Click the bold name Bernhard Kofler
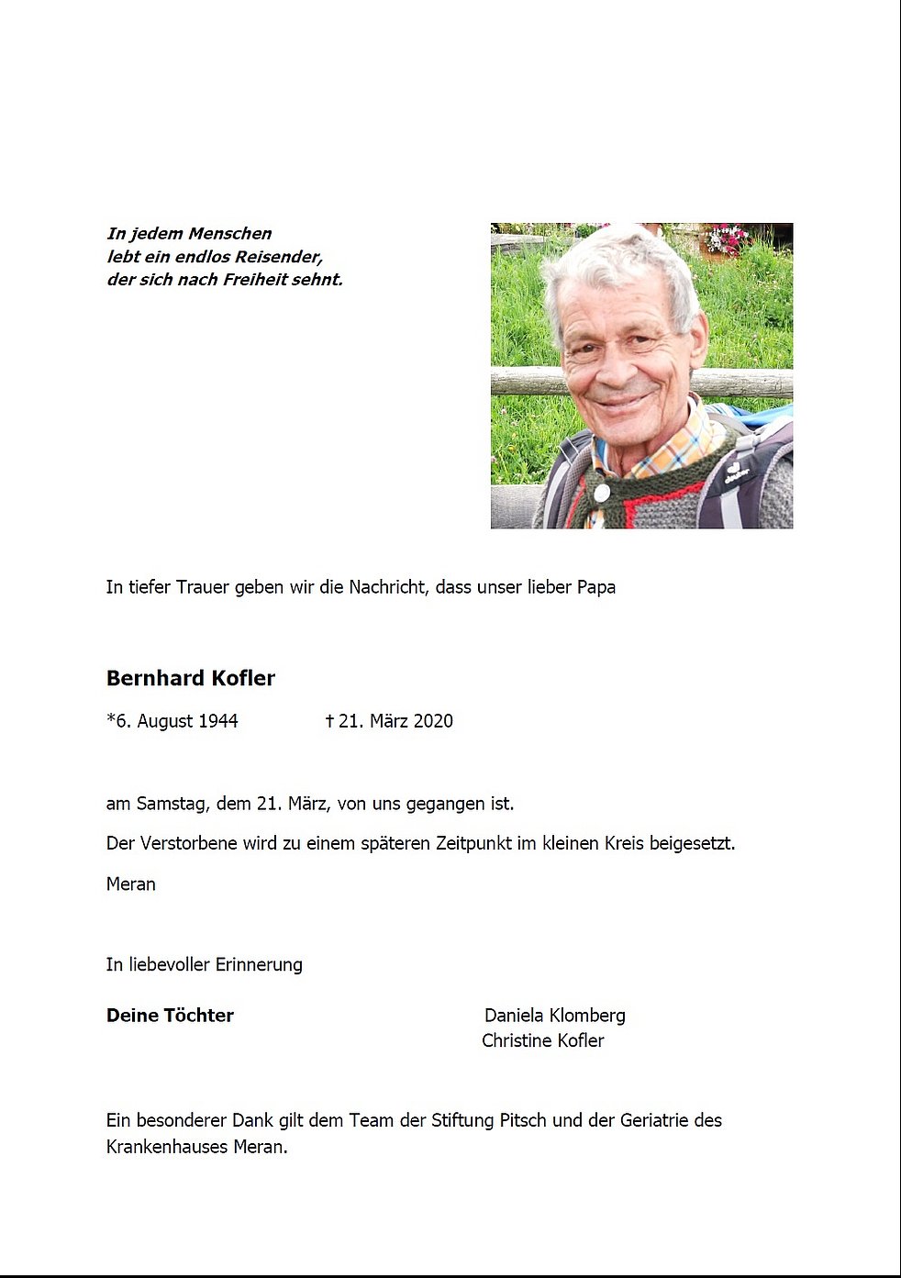(x=191, y=678)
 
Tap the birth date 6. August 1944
(x=176, y=721)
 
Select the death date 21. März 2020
(x=395, y=721)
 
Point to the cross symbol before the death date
(x=329, y=721)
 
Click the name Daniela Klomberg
(x=554, y=1016)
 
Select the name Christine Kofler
(x=542, y=1040)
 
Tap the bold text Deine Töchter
(x=170, y=1016)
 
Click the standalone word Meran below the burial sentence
(x=131, y=884)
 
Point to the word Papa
(x=595, y=587)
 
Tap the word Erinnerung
(x=259, y=964)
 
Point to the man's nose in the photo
(x=613, y=367)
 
